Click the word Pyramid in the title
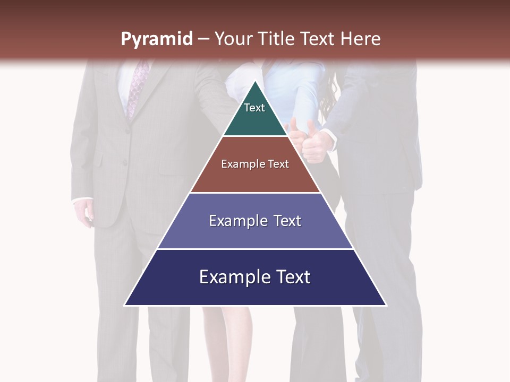click(x=156, y=39)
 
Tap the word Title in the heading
click(x=277, y=39)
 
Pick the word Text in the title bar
click(x=318, y=39)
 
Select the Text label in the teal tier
click(x=254, y=108)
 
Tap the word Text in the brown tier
click(x=279, y=164)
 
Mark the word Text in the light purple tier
click(x=287, y=221)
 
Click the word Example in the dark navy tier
click(x=233, y=277)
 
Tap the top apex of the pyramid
click(x=256, y=81)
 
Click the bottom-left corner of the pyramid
click(x=125, y=305)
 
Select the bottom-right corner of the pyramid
click(x=386, y=305)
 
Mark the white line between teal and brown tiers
click(x=256, y=136)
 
